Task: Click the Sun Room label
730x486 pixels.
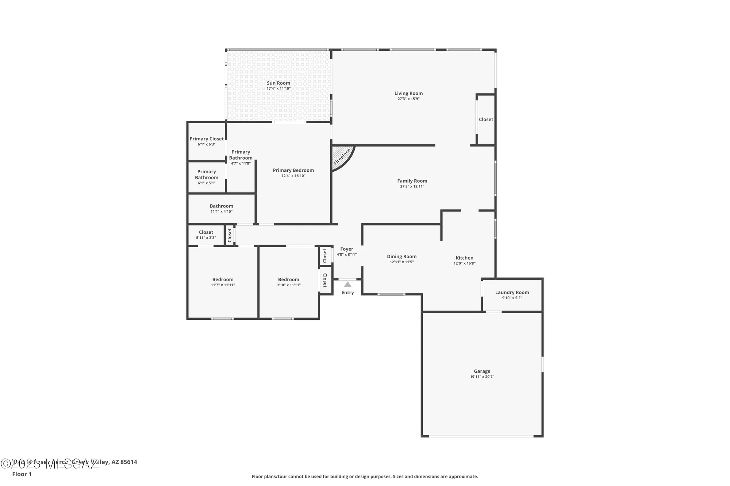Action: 278,83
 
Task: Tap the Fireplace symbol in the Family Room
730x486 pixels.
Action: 342,157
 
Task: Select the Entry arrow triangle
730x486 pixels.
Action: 347,284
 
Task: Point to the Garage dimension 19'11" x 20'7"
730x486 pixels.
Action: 482,377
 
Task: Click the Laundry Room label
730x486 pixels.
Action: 512,292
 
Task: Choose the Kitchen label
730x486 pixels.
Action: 464,258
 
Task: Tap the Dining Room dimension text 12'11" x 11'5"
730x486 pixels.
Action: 401,262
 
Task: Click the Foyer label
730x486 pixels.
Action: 346,249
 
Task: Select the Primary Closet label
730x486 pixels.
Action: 207,139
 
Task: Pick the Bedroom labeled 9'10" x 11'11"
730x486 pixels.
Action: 288,280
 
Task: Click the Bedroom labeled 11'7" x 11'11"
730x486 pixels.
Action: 223,280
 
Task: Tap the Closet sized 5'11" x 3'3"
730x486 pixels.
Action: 206,232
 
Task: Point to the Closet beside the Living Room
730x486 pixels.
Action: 486,120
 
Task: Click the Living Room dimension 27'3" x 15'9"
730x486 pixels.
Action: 408,99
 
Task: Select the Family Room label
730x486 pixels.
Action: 412,181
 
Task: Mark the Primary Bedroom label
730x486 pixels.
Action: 293,170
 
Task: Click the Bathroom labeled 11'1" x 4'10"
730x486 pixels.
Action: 221,206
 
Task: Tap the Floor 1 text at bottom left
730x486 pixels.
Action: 22,474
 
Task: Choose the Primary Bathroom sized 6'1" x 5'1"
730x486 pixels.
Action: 207,175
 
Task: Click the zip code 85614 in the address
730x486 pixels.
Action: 128,462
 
